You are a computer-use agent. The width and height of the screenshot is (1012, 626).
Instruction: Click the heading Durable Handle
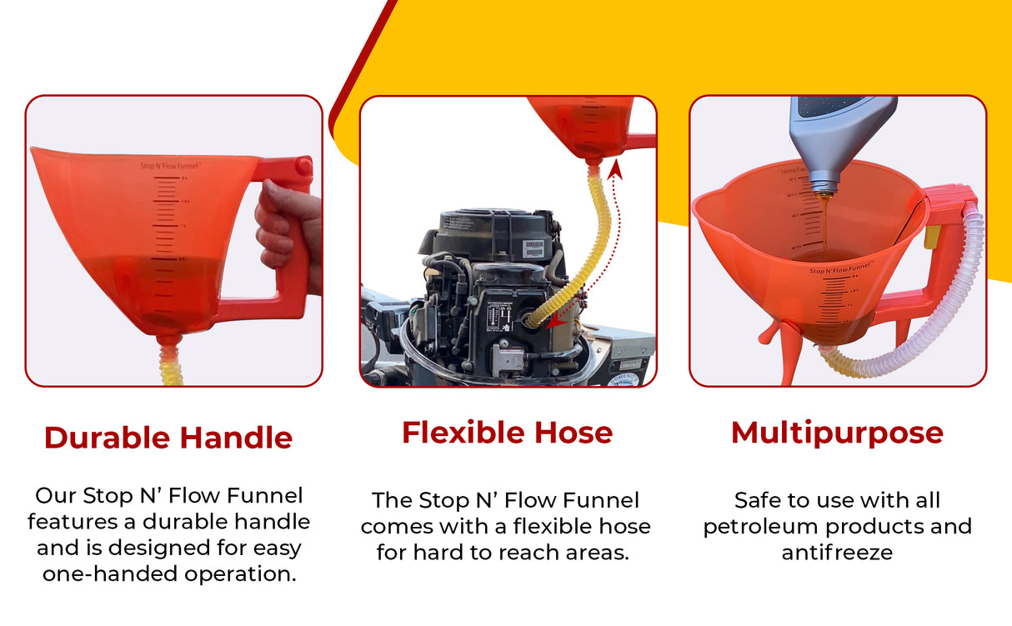tap(168, 438)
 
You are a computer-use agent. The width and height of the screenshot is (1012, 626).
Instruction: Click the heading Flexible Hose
tap(507, 433)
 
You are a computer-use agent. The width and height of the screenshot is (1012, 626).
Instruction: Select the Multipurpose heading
tap(837, 433)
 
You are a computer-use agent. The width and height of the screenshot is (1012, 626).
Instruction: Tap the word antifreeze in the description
tap(837, 553)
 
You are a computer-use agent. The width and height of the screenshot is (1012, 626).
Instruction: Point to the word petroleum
tap(757, 527)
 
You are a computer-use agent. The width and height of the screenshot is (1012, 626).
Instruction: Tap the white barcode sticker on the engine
tap(533, 248)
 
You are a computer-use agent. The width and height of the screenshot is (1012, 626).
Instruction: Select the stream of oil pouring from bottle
tap(823, 221)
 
